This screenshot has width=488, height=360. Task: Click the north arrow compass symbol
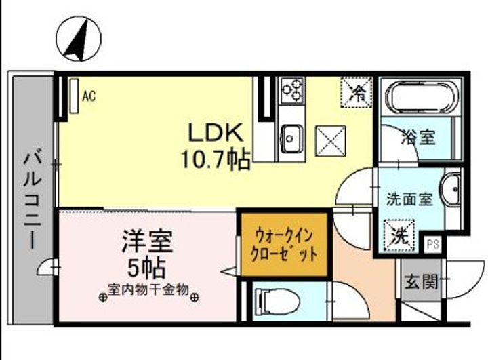80,38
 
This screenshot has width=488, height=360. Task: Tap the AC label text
89,96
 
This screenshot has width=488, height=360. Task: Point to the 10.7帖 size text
215,159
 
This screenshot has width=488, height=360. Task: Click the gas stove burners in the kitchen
292,90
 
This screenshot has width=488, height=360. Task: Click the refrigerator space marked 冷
357,94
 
